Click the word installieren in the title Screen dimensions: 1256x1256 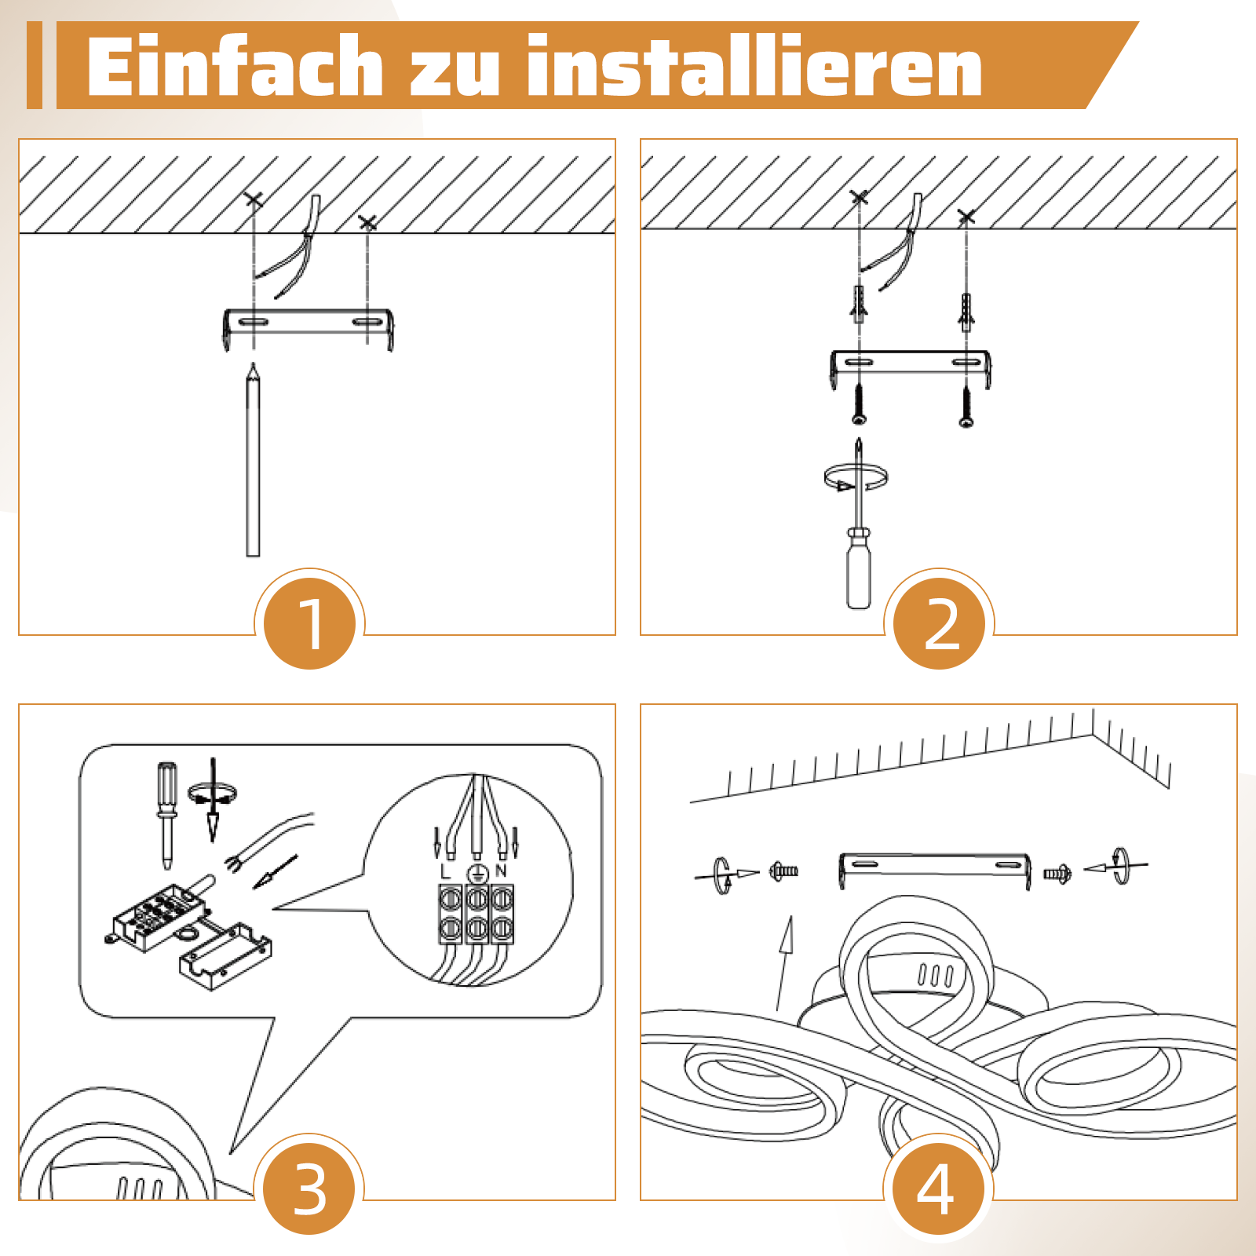754,68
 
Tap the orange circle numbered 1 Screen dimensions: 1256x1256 310,624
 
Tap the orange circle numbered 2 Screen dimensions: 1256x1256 939,624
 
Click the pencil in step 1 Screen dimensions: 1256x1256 253,463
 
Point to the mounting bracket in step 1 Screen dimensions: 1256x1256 308,322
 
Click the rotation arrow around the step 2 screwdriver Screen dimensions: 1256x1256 855,477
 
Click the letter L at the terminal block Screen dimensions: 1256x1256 446,871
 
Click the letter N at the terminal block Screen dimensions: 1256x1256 501,871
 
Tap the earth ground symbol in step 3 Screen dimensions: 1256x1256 476,874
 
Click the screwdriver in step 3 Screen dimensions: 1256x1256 166,812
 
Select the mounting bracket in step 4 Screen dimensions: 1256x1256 934,865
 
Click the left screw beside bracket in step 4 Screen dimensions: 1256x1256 783,871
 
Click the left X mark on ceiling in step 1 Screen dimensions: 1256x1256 253,199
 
